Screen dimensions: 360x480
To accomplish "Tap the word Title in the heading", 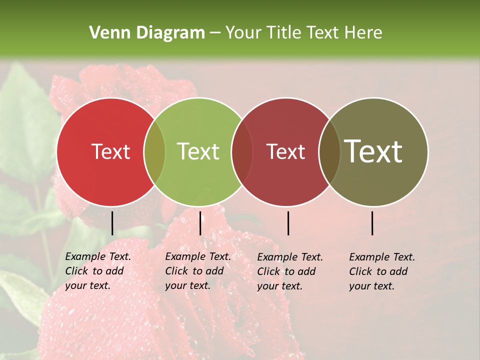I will (x=283, y=33).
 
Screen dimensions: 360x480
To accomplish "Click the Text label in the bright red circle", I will (x=110, y=151).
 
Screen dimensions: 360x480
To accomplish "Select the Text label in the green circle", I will (x=198, y=151).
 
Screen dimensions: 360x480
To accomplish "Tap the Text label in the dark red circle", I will (x=285, y=151).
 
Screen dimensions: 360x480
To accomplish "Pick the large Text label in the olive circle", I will (x=373, y=151).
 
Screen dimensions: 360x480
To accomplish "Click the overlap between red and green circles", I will (x=154, y=151).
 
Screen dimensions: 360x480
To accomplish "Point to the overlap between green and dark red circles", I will (x=242, y=151).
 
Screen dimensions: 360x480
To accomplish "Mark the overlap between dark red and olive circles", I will (x=329, y=151).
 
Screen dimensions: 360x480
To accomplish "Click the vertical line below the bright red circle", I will (x=112, y=223).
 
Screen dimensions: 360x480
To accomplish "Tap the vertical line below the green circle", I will (x=200, y=223).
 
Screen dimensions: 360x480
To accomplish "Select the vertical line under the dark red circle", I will (x=288, y=223).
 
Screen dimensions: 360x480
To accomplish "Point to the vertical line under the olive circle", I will (x=372, y=223).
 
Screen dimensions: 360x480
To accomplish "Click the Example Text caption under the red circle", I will (x=97, y=271).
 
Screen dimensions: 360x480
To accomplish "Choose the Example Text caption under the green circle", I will (x=197, y=271).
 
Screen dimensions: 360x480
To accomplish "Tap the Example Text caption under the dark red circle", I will (x=289, y=271).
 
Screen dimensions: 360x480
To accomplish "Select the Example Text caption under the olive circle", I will (x=381, y=271).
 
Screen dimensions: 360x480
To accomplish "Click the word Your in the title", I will (x=244, y=33).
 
